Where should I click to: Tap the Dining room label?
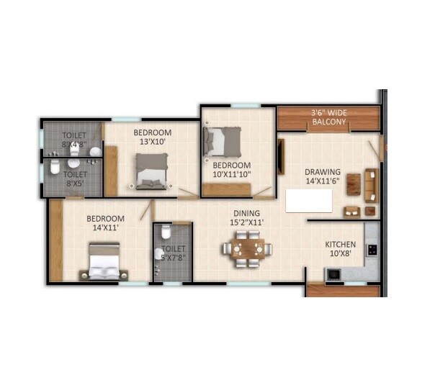tap(246, 213)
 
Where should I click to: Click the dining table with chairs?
tap(246, 250)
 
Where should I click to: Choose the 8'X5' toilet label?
tap(75, 178)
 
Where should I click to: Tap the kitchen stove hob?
tap(372, 250)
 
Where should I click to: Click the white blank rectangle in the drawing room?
tap(309, 201)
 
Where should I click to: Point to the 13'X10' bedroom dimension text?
tap(152, 142)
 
